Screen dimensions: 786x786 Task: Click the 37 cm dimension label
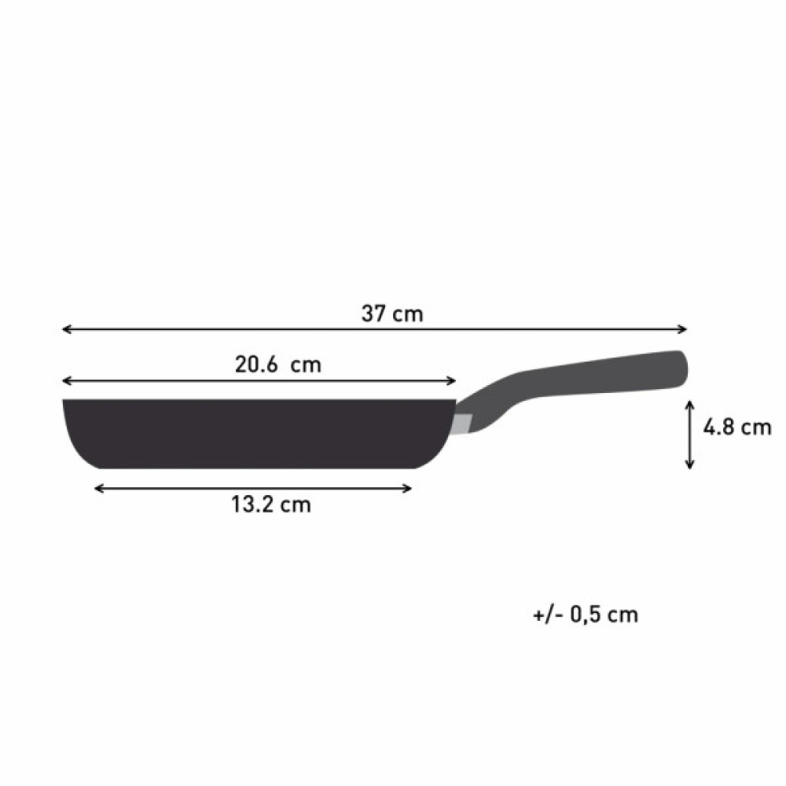click(391, 314)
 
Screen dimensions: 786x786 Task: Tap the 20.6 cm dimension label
click(278, 365)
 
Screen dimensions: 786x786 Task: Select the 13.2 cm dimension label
click(271, 505)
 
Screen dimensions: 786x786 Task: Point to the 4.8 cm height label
click(736, 428)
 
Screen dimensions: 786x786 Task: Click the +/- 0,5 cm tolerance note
click(585, 615)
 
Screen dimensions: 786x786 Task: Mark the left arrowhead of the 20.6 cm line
click(66, 381)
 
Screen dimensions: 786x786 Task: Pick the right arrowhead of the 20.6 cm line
click(453, 381)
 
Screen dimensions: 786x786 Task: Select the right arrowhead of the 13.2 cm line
click(408, 488)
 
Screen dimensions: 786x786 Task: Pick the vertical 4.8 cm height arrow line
click(689, 434)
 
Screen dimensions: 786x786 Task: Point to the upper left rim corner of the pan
click(65, 402)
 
